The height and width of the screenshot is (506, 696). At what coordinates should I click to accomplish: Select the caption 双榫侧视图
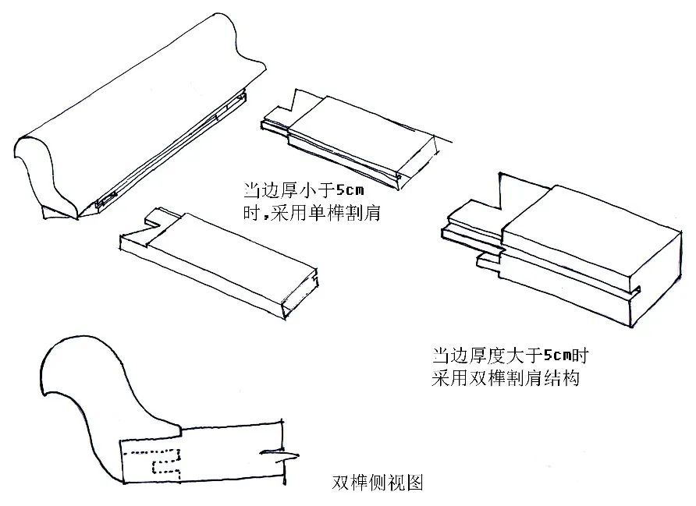(377, 483)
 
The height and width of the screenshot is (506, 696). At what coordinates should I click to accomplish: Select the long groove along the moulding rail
(172, 149)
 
